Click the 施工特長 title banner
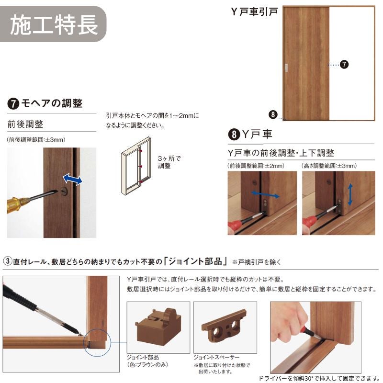point(53,24)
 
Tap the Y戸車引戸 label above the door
point(254,11)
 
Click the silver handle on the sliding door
point(286,68)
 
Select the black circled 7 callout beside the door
point(344,65)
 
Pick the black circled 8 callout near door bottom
point(273,114)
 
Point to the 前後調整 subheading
point(25,124)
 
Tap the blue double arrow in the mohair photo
point(73,179)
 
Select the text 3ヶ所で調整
point(169,162)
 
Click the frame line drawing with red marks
point(136,166)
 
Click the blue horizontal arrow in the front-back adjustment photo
point(265,194)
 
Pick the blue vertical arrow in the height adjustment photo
point(350,195)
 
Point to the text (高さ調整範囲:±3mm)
point(329,166)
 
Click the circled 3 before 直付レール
point(8,261)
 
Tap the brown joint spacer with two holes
point(224,324)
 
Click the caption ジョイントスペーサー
point(216,357)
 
